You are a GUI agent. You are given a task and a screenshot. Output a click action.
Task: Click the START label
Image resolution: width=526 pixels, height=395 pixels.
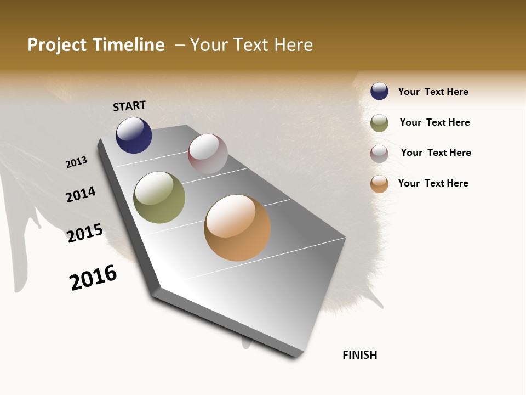tap(129, 106)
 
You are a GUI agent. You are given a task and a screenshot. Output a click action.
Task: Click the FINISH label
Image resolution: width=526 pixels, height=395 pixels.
tap(359, 355)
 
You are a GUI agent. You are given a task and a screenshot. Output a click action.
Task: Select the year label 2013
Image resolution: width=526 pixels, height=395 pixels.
tap(76, 162)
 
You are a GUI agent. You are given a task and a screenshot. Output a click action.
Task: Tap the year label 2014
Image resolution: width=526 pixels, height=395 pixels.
tap(81, 194)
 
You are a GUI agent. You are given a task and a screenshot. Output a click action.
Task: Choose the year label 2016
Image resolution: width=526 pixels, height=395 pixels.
tap(93, 278)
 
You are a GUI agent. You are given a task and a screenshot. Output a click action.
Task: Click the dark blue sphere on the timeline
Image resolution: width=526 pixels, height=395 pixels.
tap(134, 136)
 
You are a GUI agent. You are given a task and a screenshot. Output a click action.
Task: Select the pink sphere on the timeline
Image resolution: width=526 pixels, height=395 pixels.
tap(208, 153)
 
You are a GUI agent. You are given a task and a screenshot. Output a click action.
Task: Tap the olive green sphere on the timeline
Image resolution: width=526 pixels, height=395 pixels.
tap(159, 198)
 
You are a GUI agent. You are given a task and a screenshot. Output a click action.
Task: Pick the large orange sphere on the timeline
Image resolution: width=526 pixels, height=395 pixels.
tap(237, 228)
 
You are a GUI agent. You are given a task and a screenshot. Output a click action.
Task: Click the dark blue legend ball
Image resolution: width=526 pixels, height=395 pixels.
tap(379, 91)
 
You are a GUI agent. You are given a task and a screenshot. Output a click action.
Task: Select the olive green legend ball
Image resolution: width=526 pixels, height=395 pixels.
tap(379, 123)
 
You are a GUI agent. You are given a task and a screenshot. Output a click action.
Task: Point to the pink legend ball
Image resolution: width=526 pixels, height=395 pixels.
tap(379, 154)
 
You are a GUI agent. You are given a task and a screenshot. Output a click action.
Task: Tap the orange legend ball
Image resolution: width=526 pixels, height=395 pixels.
tap(379, 184)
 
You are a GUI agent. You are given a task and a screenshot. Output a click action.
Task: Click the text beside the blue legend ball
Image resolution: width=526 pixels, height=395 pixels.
tap(433, 92)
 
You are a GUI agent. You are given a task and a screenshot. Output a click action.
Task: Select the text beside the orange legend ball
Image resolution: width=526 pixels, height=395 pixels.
tap(433, 183)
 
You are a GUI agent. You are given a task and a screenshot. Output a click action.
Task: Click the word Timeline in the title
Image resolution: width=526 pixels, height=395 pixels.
tap(129, 45)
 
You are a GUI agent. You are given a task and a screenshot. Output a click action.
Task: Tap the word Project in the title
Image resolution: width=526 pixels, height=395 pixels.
tap(58, 45)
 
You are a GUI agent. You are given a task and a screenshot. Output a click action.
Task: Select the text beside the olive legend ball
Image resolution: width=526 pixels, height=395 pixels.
tap(434, 122)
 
